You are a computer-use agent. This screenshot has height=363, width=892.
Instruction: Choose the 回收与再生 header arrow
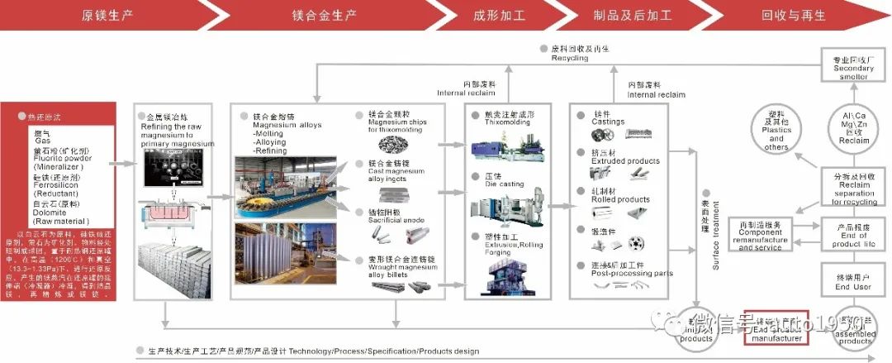[785, 15]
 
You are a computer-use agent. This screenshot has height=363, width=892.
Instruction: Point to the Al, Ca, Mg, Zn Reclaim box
[853, 128]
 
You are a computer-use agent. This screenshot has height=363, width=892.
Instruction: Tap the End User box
[853, 283]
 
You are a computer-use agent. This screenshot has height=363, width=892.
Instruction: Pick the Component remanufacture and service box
[761, 235]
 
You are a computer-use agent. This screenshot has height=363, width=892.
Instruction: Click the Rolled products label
[622, 199]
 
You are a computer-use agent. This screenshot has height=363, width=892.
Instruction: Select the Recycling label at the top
[570, 59]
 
